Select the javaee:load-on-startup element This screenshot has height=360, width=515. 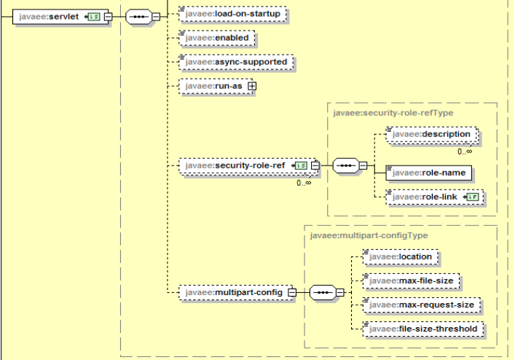(232, 14)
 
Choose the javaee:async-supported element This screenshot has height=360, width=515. (236, 62)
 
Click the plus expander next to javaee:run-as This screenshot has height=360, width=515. (253, 86)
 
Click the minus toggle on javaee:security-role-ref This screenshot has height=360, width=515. (315, 166)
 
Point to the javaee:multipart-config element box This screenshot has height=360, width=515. (233, 293)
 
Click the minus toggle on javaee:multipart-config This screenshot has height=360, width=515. (291, 293)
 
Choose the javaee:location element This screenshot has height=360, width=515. (401, 257)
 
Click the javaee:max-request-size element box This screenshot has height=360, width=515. (421, 305)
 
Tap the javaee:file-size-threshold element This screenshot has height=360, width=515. (423, 329)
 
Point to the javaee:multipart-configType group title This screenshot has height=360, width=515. (369, 235)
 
